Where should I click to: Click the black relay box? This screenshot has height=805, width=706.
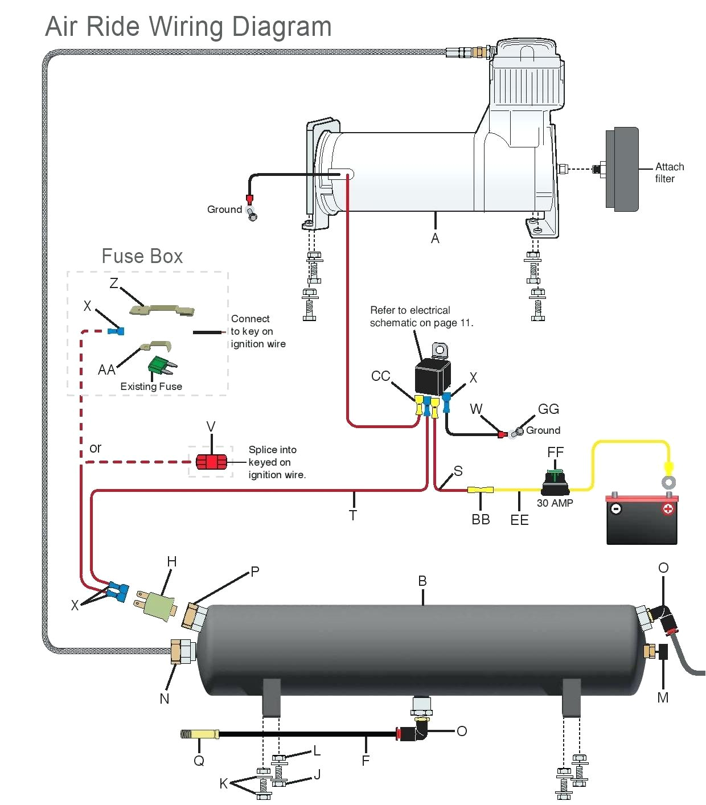433,376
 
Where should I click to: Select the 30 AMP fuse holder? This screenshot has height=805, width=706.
555,484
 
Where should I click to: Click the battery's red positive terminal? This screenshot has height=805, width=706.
668,508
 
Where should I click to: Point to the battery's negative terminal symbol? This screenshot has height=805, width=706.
615,508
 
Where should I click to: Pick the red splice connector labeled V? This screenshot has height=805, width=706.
211,461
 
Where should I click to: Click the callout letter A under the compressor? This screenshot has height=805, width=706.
435,239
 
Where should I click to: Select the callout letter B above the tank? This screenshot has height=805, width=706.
422,581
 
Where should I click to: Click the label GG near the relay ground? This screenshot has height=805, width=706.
548,409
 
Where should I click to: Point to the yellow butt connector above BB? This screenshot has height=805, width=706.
481,490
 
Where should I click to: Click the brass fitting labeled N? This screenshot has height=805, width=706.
182,651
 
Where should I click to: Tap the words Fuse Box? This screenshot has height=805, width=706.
142,256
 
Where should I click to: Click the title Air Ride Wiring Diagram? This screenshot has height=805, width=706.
188,27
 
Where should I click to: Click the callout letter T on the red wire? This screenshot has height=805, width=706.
353,515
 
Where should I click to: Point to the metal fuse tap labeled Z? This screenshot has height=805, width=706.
162,310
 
